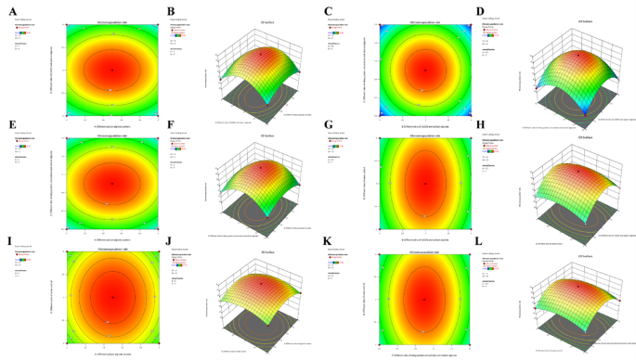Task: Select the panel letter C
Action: pyautogui.click(x=327, y=12)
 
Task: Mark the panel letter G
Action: pyautogui.click(x=327, y=124)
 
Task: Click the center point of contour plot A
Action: pyautogui.click(x=112, y=70)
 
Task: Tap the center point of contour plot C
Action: pyautogui.click(x=426, y=70)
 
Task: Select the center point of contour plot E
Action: pyautogui.click(x=112, y=183)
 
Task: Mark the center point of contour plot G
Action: pyautogui.click(x=426, y=183)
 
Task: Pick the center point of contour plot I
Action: pyautogui.click(x=112, y=297)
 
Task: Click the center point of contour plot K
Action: pyautogui.click(x=426, y=297)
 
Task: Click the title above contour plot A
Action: pyautogui.click(x=112, y=19)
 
